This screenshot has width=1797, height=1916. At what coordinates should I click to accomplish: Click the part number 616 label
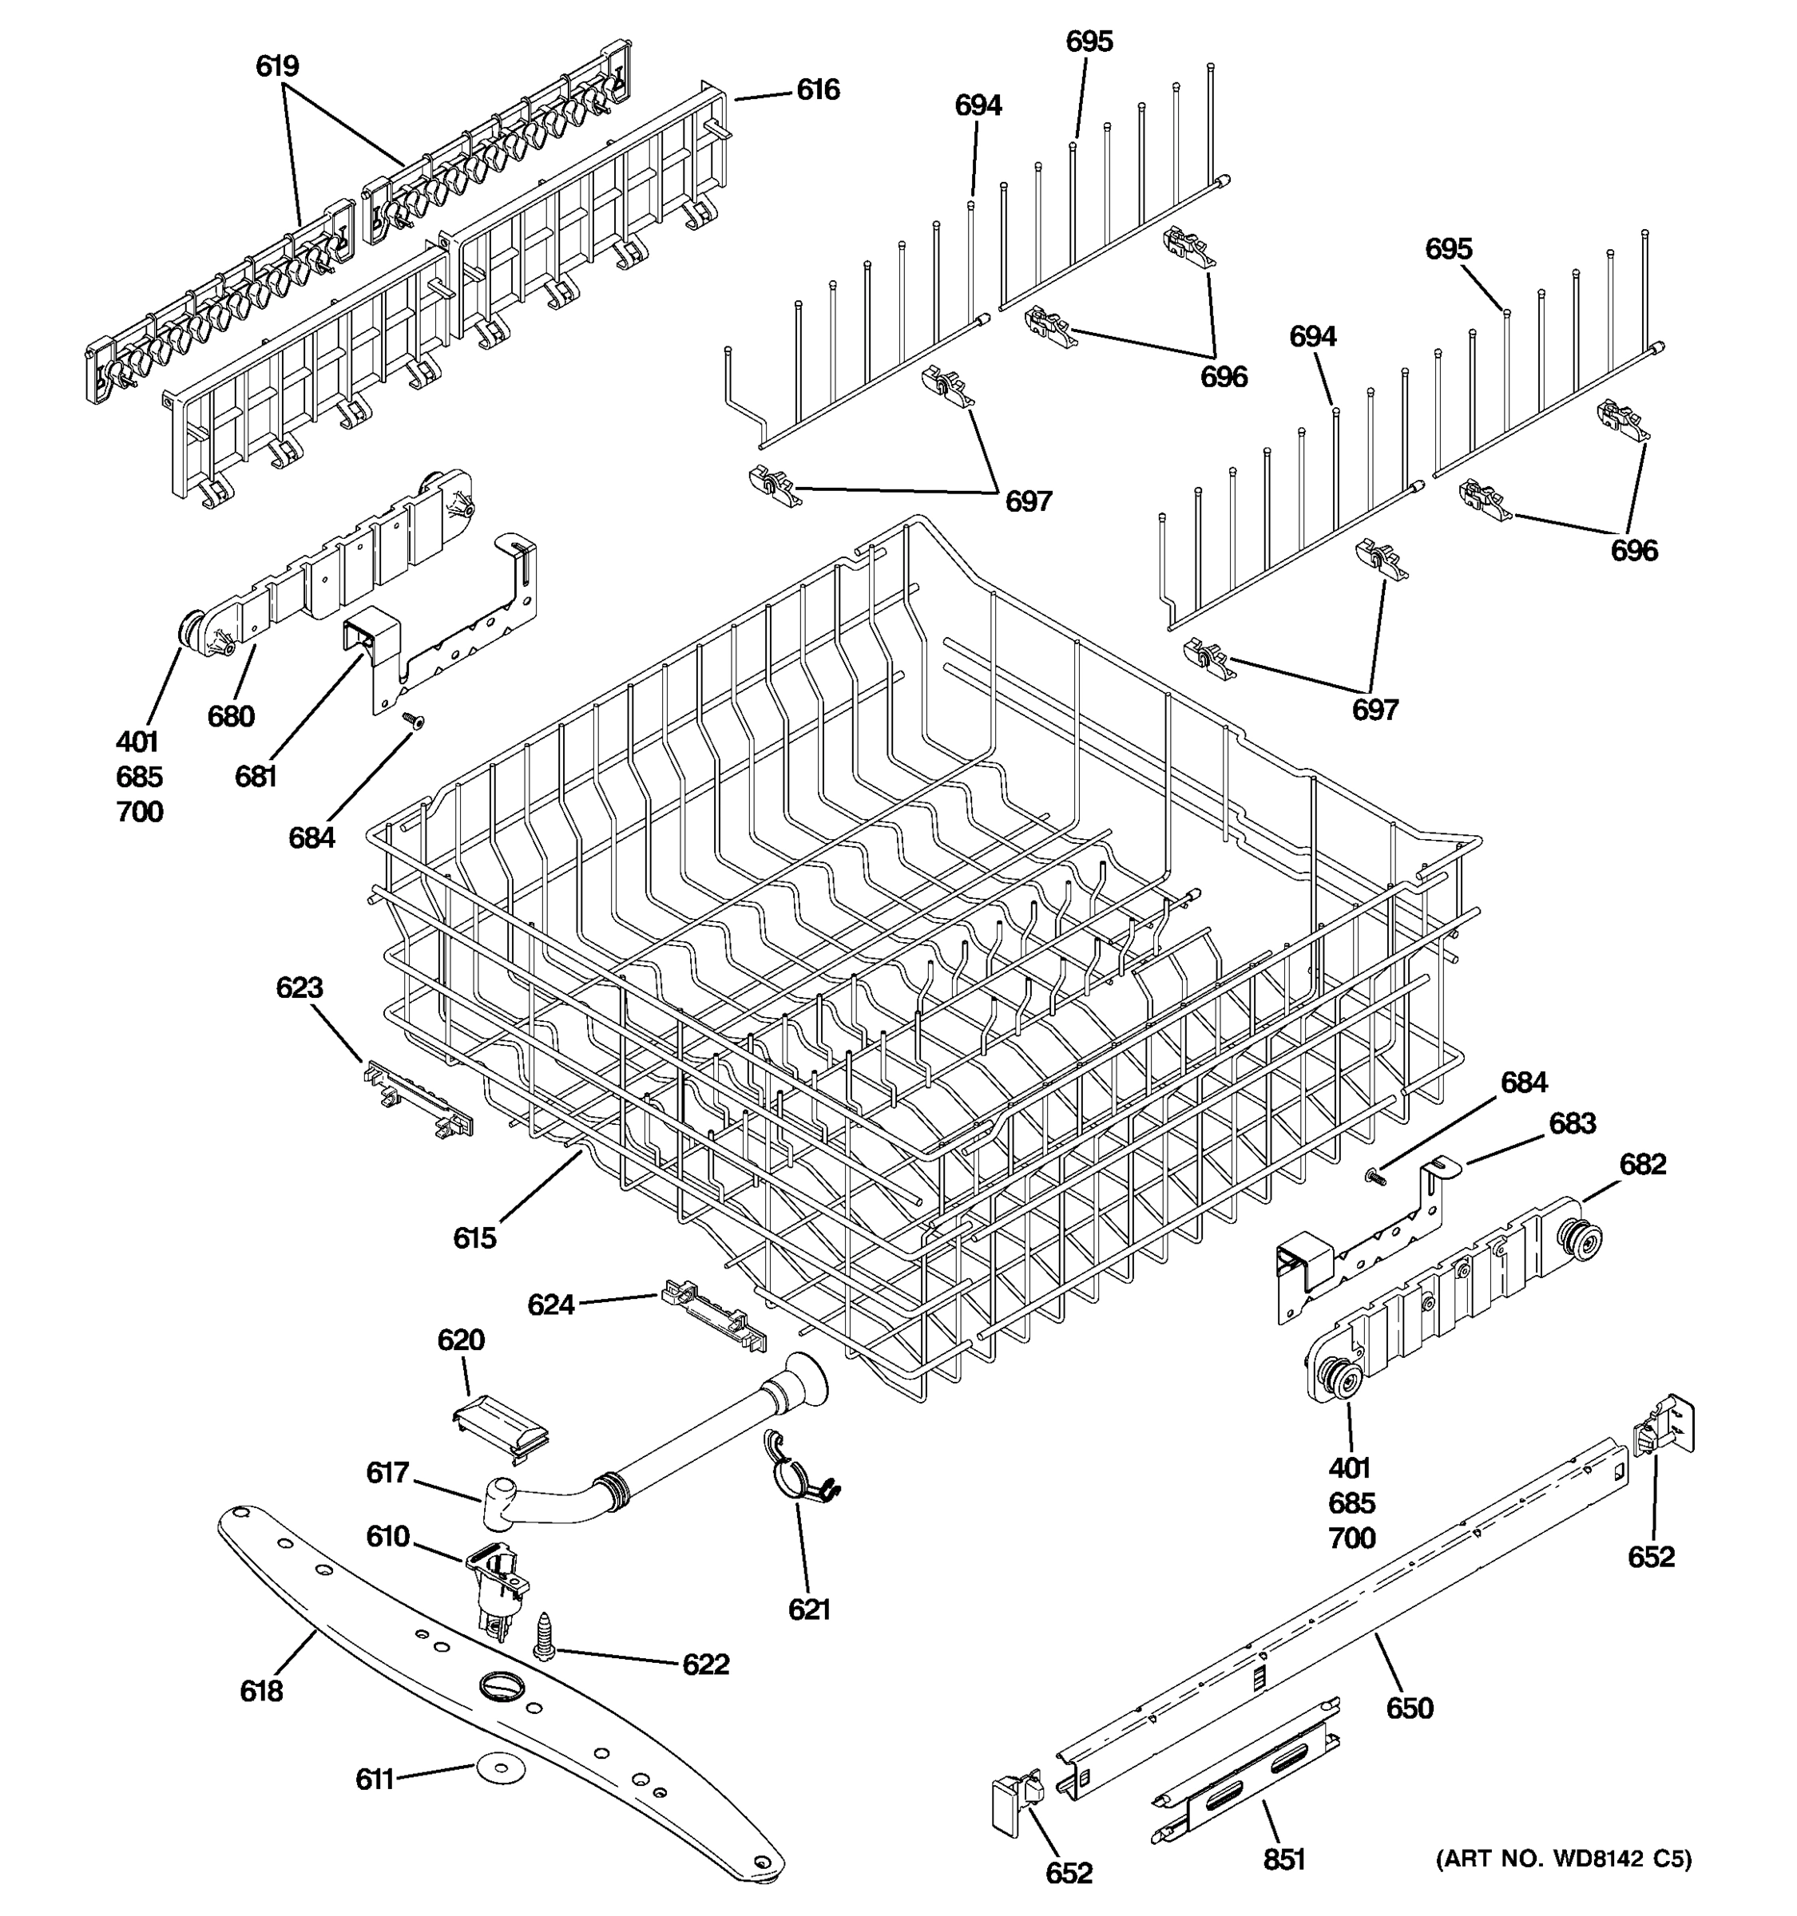click(818, 90)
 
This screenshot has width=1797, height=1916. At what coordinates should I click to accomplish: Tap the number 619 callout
click(276, 66)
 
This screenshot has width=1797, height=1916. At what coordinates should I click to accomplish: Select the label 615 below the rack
click(474, 1237)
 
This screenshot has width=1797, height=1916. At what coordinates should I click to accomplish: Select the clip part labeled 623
click(419, 1099)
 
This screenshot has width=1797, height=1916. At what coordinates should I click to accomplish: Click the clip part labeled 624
click(714, 1312)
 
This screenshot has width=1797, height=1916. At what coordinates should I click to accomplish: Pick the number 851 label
click(1284, 1859)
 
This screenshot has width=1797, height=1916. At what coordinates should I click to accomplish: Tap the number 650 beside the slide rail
click(1410, 1708)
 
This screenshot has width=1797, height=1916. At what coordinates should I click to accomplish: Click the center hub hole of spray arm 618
click(502, 1684)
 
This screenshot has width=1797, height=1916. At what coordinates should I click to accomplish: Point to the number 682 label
click(1642, 1164)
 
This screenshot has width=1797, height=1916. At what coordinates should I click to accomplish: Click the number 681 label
click(256, 776)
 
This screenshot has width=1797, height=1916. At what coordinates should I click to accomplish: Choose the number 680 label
click(230, 716)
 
